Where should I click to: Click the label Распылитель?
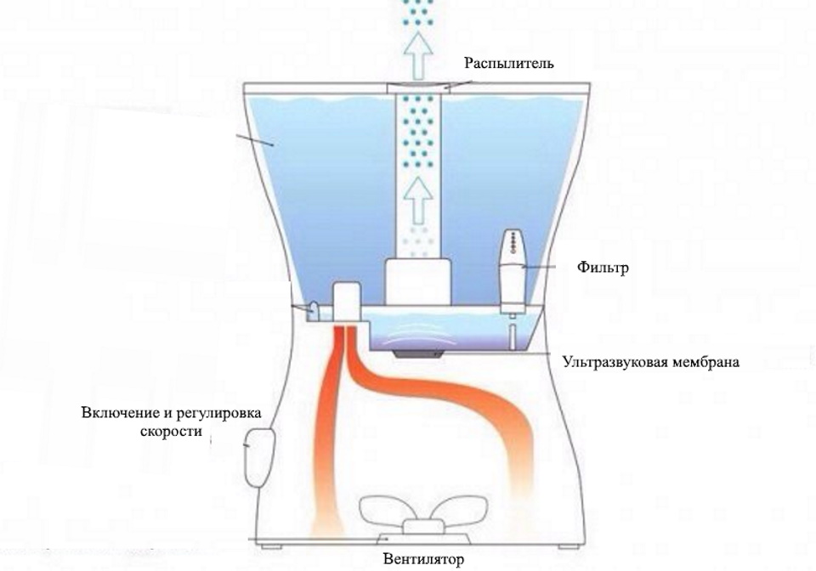509,64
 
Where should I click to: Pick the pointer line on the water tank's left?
256,140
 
